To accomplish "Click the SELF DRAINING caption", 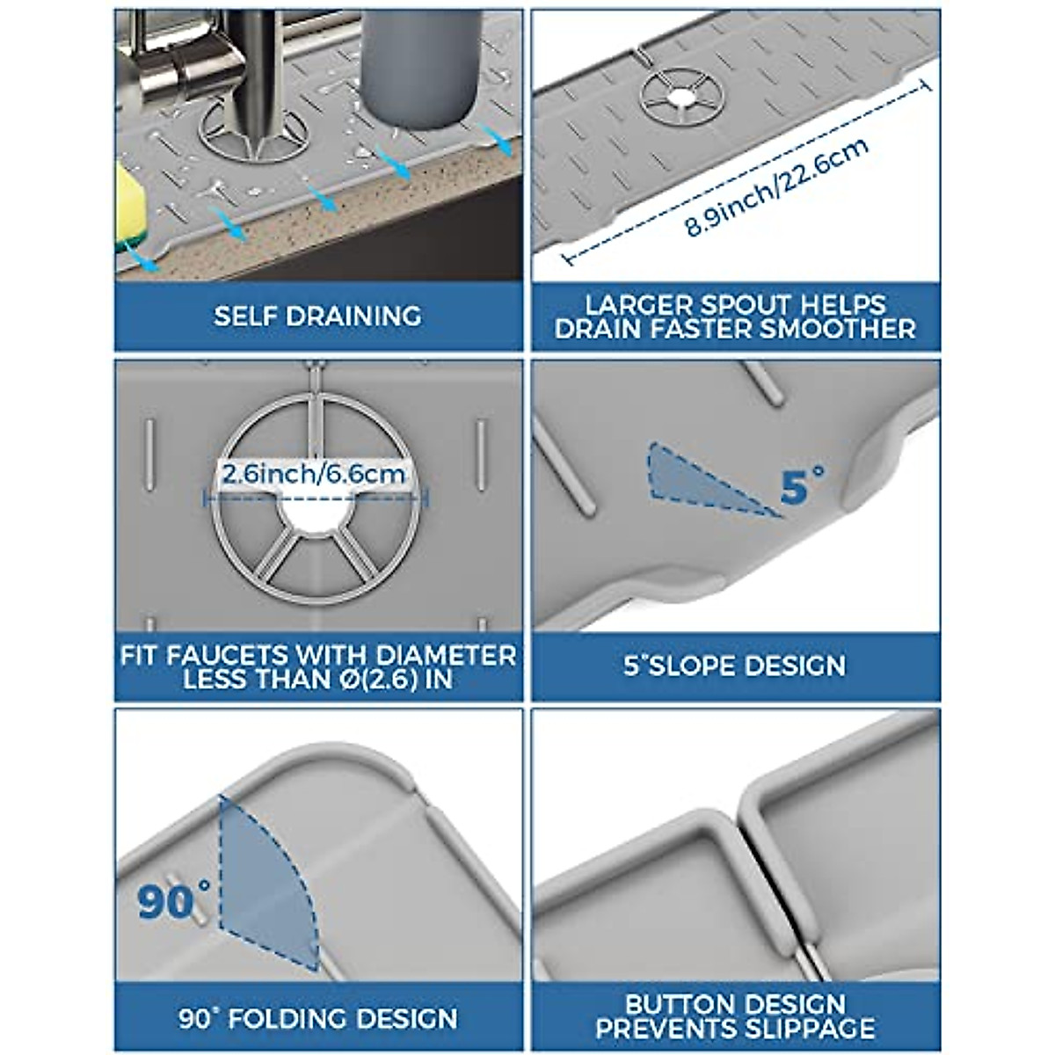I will tap(317, 316).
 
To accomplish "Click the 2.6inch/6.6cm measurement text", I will tap(314, 475).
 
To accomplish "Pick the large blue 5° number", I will tap(802, 486).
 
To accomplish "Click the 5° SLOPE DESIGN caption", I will tap(735, 666).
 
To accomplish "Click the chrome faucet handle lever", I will tap(163, 62).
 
